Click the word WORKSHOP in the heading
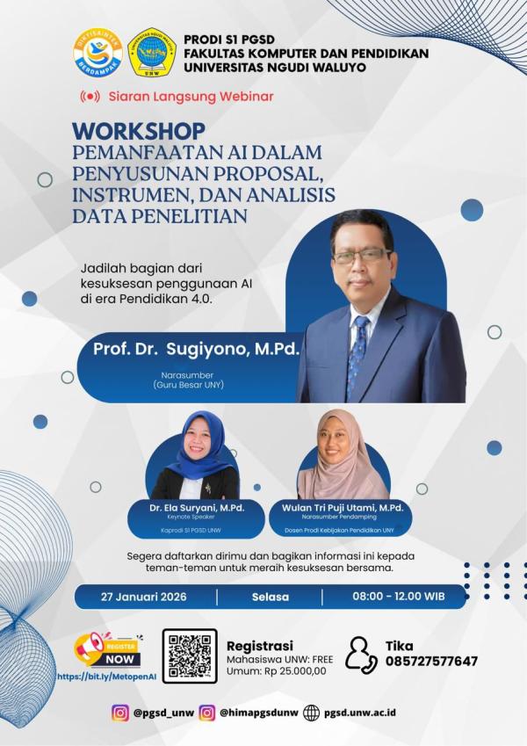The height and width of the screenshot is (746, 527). pyautogui.click(x=139, y=131)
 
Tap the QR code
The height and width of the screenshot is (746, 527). pyautogui.click(x=190, y=655)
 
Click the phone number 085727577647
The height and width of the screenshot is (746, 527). pyautogui.click(x=431, y=662)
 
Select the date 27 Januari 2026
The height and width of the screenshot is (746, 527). pyautogui.click(x=143, y=597)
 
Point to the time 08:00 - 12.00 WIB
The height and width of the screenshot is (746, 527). pyautogui.click(x=398, y=597)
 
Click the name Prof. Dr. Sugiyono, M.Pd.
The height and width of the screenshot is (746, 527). pyautogui.click(x=196, y=349)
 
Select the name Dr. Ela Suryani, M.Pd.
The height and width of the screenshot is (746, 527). pyautogui.click(x=184, y=508)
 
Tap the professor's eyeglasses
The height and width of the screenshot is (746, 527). pyautogui.click(x=361, y=255)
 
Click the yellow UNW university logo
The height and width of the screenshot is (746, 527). pyautogui.click(x=152, y=53)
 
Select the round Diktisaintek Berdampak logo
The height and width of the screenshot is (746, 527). pyautogui.click(x=97, y=53)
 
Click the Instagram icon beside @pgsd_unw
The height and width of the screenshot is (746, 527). pyautogui.click(x=120, y=713)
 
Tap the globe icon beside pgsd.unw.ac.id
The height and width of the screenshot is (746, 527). pyautogui.click(x=312, y=713)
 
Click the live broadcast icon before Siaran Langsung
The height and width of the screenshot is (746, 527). pyautogui.click(x=90, y=96)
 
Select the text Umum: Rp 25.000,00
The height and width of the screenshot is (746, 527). pyautogui.click(x=276, y=670)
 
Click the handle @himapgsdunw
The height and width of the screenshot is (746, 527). pyautogui.click(x=259, y=713)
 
